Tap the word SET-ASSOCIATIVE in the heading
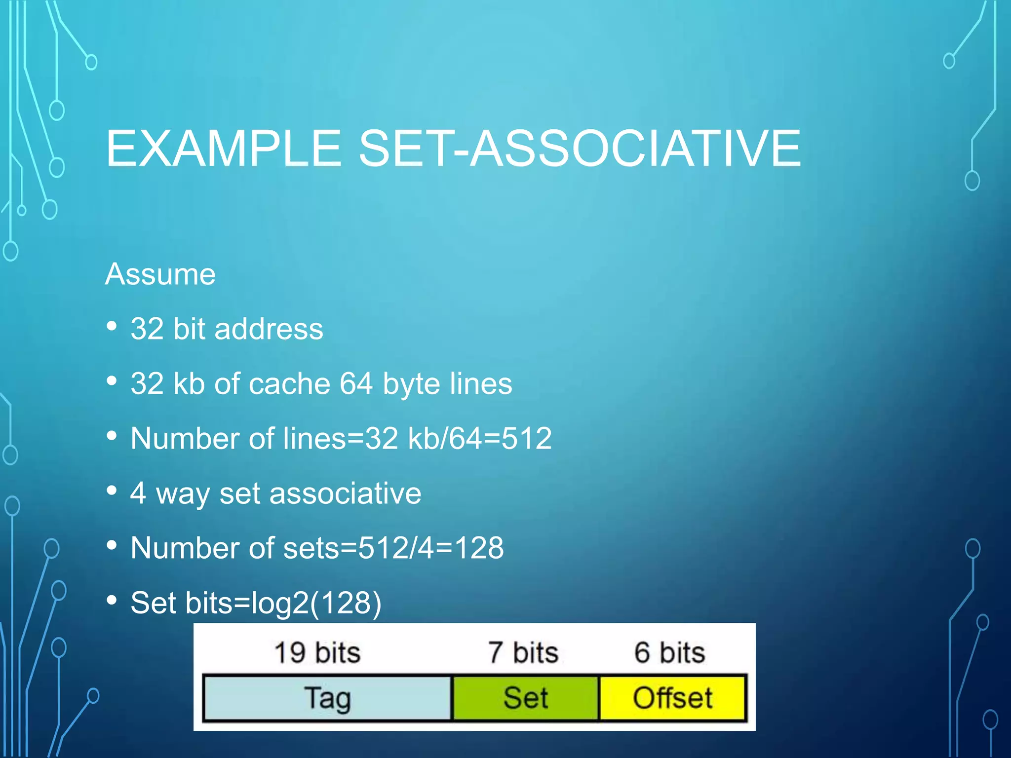(580, 148)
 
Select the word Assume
(160, 274)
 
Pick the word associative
(345, 493)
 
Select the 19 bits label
(317, 652)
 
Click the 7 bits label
(523, 652)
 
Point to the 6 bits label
(669, 652)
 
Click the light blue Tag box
(327, 698)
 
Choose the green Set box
(525, 698)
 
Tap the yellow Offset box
(672, 698)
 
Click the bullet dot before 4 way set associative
(112, 491)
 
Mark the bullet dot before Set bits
(112, 600)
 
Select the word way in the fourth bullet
(182, 494)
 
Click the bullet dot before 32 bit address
(112, 326)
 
